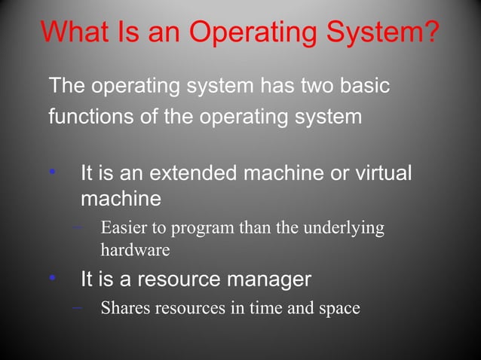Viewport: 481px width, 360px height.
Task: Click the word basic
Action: coord(366,86)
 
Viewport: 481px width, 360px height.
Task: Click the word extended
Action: coord(192,173)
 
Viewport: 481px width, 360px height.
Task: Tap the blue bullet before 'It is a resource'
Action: coord(52,279)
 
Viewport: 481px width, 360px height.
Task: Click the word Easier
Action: coord(124,227)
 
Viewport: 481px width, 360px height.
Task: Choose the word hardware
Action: coord(135,249)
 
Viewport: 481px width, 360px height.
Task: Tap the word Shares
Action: coord(124,308)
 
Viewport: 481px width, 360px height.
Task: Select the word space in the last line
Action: coord(339,310)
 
